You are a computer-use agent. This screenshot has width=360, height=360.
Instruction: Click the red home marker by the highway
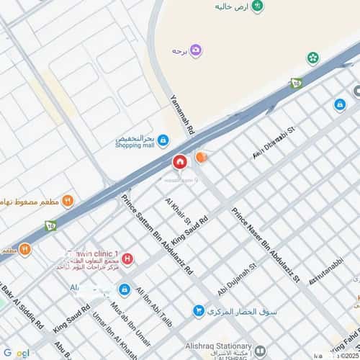click(x=179, y=161)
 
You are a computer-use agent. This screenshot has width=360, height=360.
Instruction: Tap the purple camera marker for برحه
click(x=196, y=50)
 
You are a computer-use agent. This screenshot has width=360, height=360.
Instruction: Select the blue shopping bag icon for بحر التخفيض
click(x=163, y=140)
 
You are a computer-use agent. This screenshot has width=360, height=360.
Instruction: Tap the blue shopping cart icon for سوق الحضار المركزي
click(x=197, y=311)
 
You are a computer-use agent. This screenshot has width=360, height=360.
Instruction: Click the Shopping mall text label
click(x=135, y=145)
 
